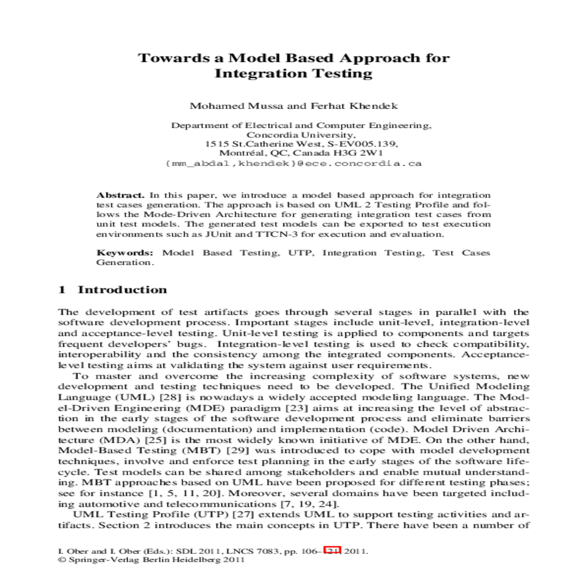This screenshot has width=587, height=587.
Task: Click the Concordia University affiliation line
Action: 300,135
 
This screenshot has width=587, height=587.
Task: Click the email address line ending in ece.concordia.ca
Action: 293,163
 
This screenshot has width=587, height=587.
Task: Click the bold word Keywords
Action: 125,253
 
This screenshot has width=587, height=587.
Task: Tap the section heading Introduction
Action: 122,290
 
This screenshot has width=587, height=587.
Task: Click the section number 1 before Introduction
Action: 62,290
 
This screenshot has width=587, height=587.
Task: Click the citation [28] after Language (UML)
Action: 171,397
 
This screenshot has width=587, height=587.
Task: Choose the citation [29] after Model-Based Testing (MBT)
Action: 238,451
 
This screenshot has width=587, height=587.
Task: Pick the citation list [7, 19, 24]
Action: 309,504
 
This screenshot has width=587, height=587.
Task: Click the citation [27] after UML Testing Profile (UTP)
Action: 243,515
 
